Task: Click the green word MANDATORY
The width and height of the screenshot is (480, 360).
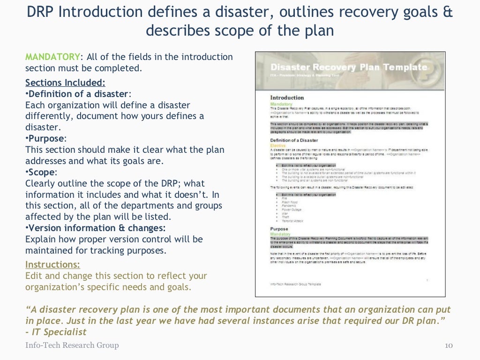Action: tap(52, 57)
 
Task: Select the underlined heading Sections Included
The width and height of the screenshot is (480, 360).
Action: tap(65, 83)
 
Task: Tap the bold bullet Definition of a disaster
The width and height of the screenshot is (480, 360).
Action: tap(78, 94)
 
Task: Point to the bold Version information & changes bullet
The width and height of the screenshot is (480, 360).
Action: tap(97, 228)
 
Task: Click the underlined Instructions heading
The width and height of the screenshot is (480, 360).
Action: tap(52, 264)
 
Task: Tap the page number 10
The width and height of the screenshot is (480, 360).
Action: tap(448, 345)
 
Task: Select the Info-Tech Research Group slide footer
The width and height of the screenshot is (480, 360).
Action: tap(72, 345)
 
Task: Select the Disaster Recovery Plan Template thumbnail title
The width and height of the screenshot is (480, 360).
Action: tap(349, 67)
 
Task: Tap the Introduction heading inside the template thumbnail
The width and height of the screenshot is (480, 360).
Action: tap(287, 97)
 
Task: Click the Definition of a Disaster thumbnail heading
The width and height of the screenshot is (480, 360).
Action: tap(294, 140)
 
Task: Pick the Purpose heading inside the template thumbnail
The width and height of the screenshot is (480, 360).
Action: tap(280, 229)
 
